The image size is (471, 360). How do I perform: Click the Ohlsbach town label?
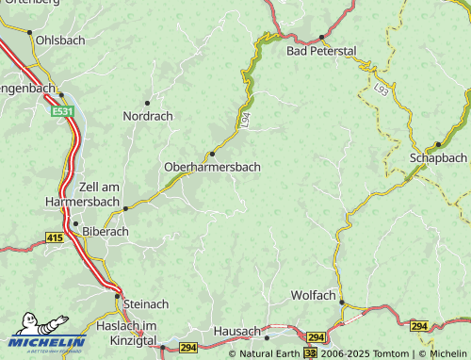click(x=59, y=41)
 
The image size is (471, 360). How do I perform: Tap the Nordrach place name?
click(x=148, y=116)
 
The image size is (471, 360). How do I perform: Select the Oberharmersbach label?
click(x=212, y=167)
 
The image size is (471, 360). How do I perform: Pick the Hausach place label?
click(x=236, y=331)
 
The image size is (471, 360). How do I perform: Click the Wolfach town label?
click(x=313, y=295)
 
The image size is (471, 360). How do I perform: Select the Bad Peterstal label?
click(x=321, y=50)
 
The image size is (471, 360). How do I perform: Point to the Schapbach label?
click(x=439, y=157)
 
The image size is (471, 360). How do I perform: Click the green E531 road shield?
click(x=63, y=111)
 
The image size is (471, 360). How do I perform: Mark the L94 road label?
click(x=245, y=120)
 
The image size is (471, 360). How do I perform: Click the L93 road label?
click(x=381, y=90)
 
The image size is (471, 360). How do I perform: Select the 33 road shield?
click(x=310, y=353)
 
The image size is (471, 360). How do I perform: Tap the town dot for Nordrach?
click(x=147, y=102)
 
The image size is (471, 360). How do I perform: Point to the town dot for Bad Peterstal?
click(x=321, y=37)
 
